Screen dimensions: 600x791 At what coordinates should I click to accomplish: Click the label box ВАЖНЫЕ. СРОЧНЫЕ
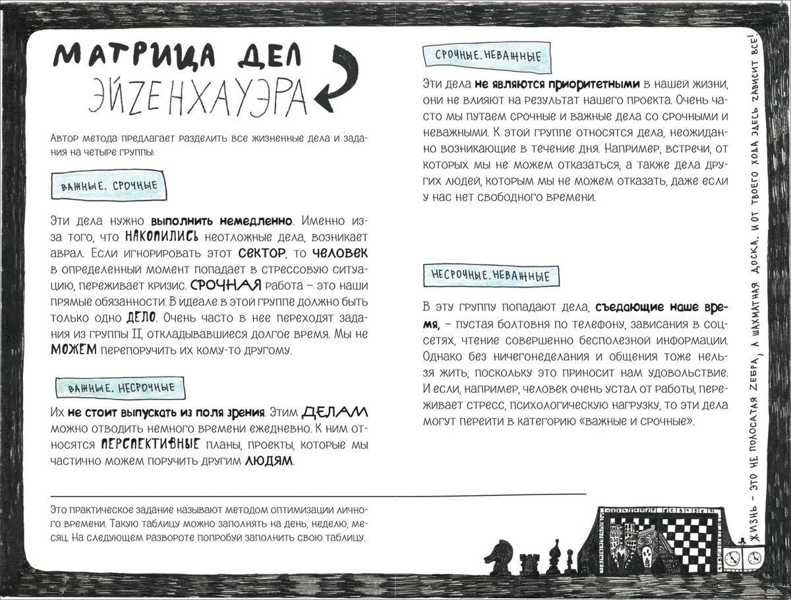[x=109, y=186]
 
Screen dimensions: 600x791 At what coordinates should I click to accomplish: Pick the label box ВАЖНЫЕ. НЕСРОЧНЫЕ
[x=121, y=388]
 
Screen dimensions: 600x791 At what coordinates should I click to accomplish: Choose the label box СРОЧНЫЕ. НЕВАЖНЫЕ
[x=488, y=56]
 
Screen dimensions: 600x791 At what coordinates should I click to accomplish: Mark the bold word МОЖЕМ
[x=73, y=350]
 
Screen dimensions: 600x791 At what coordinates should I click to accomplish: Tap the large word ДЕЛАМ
[x=335, y=413]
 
